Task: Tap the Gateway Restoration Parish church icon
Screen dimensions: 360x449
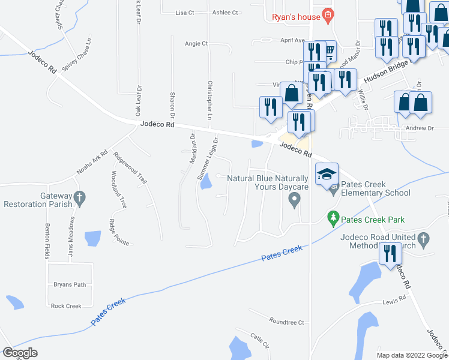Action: click(x=79, y=197)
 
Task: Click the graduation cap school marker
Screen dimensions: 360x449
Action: click(x=327, y=175)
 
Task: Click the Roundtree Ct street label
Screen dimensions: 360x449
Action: click(x=287, y=322)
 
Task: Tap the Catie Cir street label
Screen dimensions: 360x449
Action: click(x=259, y=341)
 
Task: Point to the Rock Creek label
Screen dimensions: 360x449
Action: click(x=66, y=306)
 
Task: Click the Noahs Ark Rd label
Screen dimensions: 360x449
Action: click(x=91, y=163)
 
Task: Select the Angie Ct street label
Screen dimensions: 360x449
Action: click(x=196, y=43)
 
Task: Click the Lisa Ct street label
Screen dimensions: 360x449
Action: click(x=185, y=12)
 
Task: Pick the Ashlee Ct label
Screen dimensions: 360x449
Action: click(x=226, y=12)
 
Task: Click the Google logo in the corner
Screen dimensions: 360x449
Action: click(x=20, y=353)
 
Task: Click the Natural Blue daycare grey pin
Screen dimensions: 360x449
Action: click(x=294, y=202)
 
